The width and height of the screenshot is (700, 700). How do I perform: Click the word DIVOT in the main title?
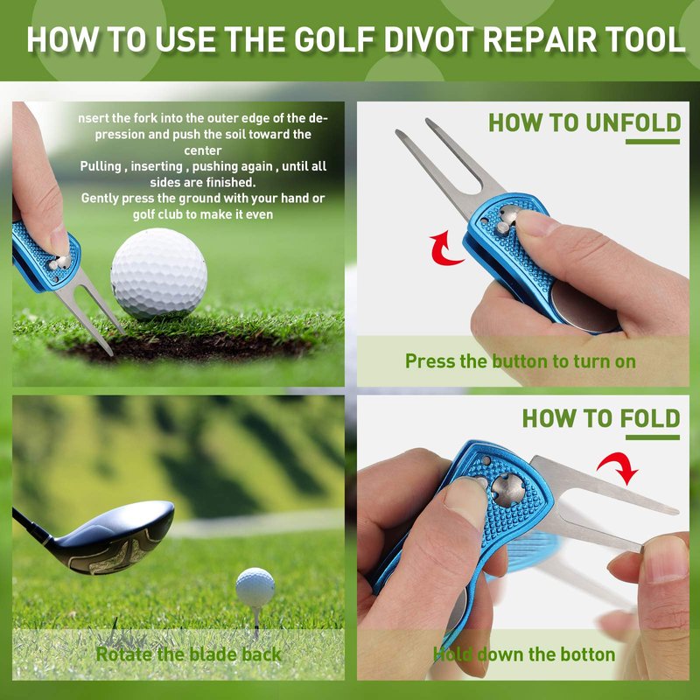429,39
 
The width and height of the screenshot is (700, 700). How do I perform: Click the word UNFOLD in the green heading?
633,122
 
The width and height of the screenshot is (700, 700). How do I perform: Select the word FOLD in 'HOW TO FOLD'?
649,419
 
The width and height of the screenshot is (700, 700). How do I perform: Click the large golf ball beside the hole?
158,273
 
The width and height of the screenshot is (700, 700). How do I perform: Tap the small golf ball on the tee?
255,587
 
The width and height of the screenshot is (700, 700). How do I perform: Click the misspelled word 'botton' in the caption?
587,654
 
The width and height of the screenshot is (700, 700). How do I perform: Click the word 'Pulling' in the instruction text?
101,166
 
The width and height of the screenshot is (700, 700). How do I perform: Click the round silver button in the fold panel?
508,490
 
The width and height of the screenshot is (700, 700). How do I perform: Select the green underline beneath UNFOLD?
652,142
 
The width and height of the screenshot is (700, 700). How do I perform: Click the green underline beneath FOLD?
652,437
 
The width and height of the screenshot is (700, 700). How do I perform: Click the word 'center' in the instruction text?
203,150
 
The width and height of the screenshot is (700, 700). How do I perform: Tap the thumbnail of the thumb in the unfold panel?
538,222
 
